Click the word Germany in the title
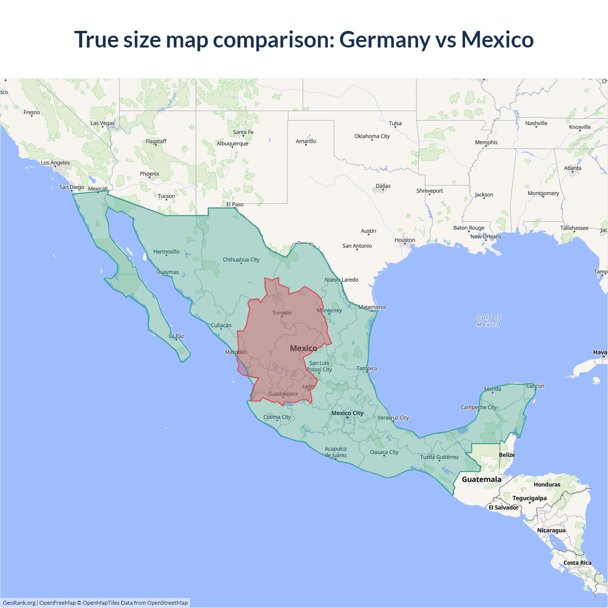[x=384, y=39]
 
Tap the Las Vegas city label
[x=103, y=123]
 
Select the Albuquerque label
[x=232, y=143]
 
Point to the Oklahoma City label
[x=372, y=136]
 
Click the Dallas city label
[x=383, y=186]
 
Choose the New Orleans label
[x=485, y=237]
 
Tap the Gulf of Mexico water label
[x=489, y=321]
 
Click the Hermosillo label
[x=166, y=252]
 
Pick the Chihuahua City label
[x=241, y=260]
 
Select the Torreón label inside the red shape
[x=282, y=313]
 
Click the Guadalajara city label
[x=283, y=394]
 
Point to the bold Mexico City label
[x=347, y=413]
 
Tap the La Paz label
[x=177, y=336]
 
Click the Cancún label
[x=535, y=386]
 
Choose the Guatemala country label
[x=482, y=479]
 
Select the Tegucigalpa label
[x=529, y=498]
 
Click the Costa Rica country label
[x=577, y=563]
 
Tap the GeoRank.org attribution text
[x=19, y=603]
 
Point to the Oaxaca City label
[x=384, y=452]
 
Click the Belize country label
[x=507, y=455]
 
